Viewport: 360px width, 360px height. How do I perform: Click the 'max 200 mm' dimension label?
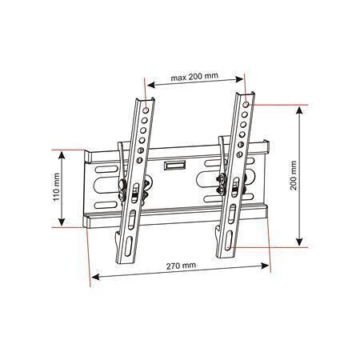coord(194,77)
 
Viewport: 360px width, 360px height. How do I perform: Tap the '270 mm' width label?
coord(181,266)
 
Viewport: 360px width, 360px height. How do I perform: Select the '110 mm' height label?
coord(57,187)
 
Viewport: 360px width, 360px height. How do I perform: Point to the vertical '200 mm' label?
coord(294,175)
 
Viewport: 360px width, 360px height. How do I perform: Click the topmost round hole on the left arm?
coord(146,110)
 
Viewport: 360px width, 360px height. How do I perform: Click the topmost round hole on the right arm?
coord(246,104)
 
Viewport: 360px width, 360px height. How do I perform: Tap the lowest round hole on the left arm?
coord(139,161)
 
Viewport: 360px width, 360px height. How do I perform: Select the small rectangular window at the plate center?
coord(174,165)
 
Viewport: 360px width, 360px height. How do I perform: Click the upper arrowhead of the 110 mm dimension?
coord(62,155)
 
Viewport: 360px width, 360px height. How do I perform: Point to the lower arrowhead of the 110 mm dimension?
coord(62,222)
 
